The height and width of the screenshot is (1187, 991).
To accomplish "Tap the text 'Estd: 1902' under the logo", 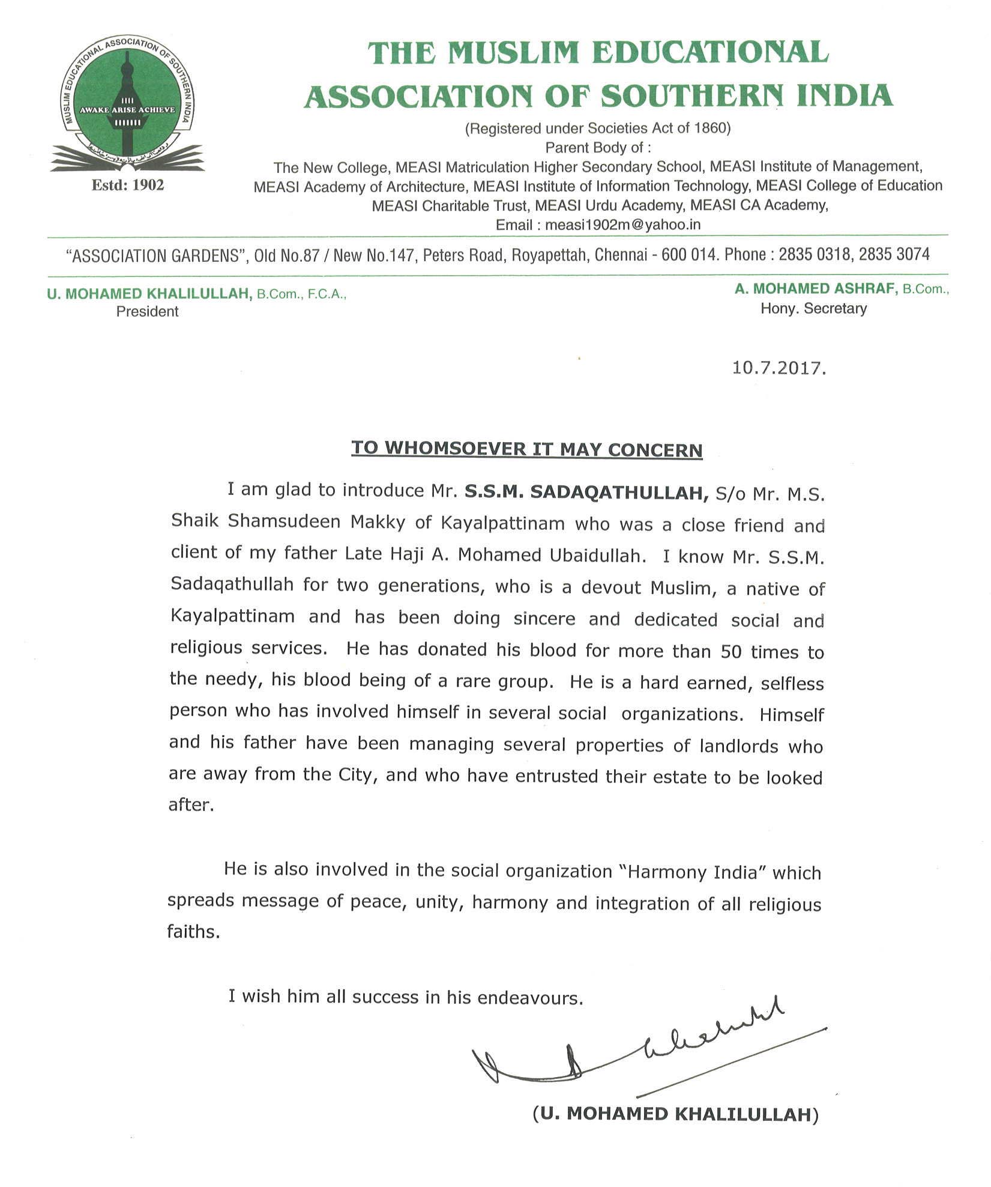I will tap(127, 185).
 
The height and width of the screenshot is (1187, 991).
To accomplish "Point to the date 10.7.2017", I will tap(779, 368).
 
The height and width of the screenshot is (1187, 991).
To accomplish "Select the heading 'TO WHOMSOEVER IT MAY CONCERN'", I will tap(526, 449).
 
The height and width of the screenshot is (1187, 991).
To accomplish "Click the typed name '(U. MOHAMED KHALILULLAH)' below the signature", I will tap(675, 1114).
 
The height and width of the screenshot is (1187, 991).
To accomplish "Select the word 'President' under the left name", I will tap(147, 312).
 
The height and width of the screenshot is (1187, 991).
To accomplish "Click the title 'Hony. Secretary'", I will tap(813, 309).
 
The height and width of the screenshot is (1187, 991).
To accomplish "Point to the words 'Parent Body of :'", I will tap(598, 147).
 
